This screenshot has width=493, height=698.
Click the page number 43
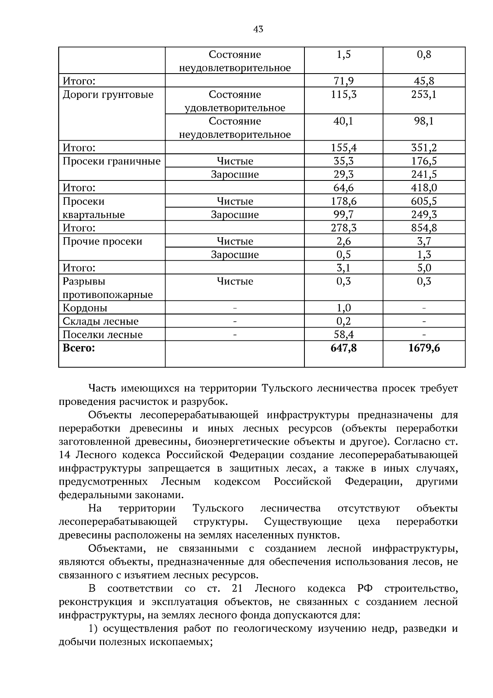(x=258, y=29)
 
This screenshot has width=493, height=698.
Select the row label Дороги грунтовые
(x=108, y=95)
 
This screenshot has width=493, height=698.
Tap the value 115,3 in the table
(x=343, y=95)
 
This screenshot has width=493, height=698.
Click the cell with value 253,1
(x=424, y=95)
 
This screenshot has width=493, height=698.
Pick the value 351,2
(x=424, y=148)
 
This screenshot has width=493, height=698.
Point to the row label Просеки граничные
(x=111, y=161)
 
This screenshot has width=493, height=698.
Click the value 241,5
(x=424, y=174)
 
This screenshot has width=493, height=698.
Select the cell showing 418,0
(x=424, y=188)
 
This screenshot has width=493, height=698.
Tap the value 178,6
(x=343, y=201)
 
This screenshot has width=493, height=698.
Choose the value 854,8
(x=424, y=228)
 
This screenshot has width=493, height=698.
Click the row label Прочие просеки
(x=102, y=241)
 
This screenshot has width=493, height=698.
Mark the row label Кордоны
(x=85, y=308)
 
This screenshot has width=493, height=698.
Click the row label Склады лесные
(x=101, y=321)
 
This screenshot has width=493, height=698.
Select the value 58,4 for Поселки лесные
(x=343, y=335)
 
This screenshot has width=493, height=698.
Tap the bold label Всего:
(x=78, y=348)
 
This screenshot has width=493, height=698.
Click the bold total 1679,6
(x=424, y=348)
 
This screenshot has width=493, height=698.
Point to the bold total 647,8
(x=343, y=348)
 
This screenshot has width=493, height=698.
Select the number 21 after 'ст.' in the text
(x=237, y=589)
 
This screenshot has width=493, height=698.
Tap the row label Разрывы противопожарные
(x=108, y=288)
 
